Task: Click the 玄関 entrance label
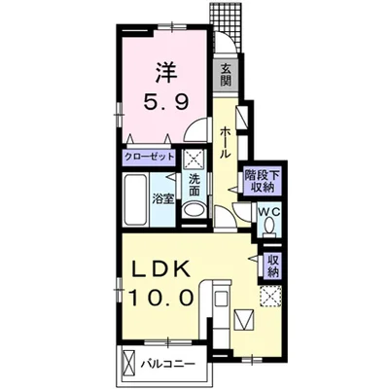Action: coord(226,75)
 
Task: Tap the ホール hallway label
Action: coord(226,143)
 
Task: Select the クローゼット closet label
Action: coord(150,158)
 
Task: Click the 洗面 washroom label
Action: coord(194,186)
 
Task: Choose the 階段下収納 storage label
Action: coord(262,181)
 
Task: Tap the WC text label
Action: coord(268,212)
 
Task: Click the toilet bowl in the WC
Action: coord(268,226)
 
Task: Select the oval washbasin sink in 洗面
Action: coord(194,210)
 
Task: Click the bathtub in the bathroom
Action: coord(136,199)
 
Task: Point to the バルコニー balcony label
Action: coord(168,364)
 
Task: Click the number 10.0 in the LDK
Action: coord(161,297)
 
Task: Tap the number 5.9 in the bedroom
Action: coord(166,103)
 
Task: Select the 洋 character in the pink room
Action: coord(166,72)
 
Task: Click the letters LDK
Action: coord(160,268)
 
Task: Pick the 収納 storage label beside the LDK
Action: coord(273,265)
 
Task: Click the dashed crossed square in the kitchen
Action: coord(271,296)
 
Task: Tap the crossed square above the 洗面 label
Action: coord(194,159)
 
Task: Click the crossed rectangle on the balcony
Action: coord(129,365)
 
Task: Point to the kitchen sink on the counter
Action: coord(222,298)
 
